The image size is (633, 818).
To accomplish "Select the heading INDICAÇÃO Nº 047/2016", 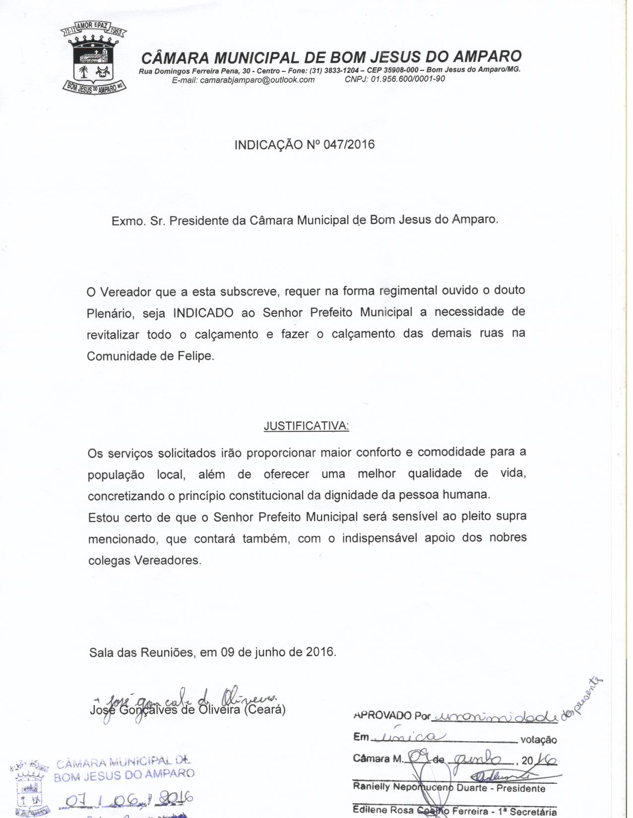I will click(x=305, y=145).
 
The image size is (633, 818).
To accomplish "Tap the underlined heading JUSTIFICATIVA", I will click(x=306, y=426).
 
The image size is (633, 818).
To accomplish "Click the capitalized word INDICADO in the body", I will click(x=203, y=313).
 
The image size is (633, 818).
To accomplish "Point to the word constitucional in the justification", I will click(x=267, y=495).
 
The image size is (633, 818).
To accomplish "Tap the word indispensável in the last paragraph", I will click(x=380, y=538).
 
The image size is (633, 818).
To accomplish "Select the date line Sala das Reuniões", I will click(x=213, y=651).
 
